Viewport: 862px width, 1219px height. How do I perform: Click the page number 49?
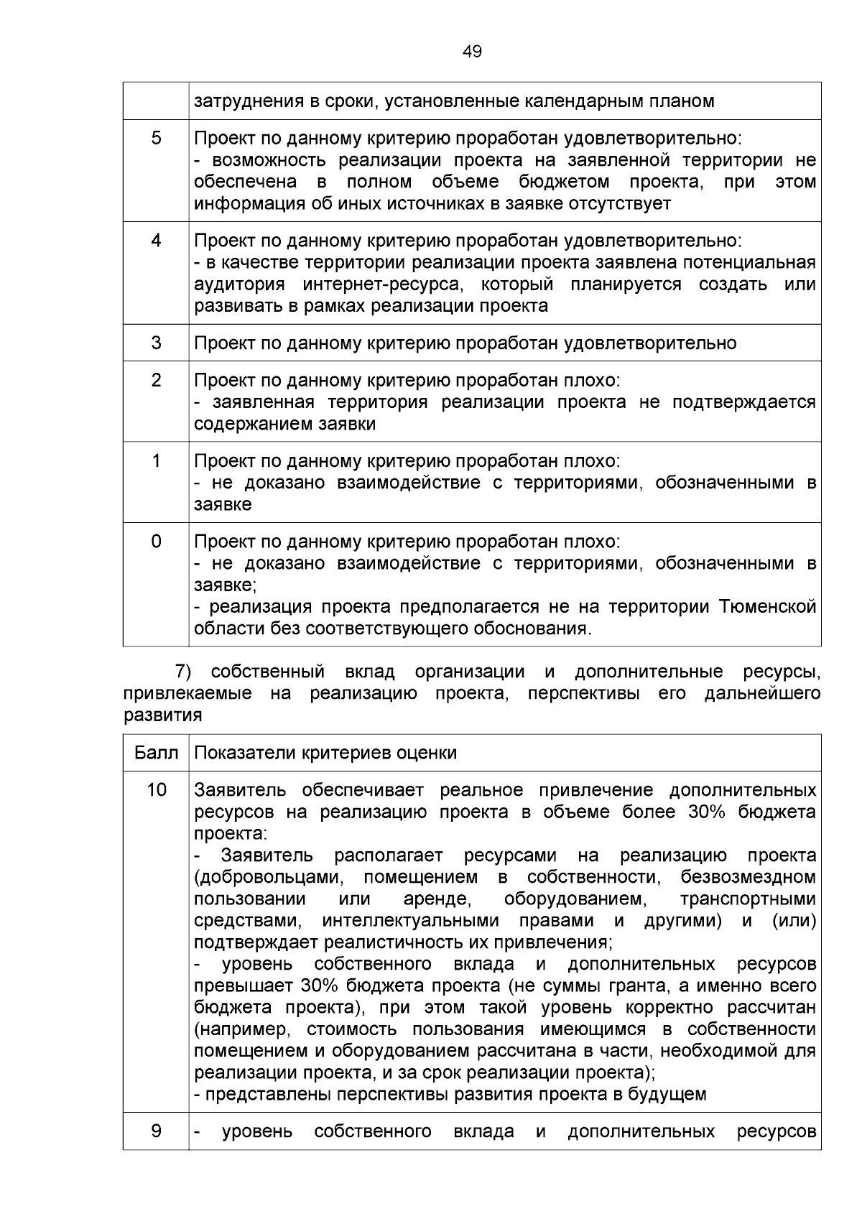pos(473,52)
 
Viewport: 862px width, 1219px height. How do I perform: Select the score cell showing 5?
pos(156,138)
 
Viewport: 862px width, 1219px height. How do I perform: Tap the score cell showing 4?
pos(156,240)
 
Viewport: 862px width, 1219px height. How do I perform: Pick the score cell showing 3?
pos(156,343)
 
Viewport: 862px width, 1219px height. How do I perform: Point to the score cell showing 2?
pos(156,379)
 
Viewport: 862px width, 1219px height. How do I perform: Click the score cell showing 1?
pos(156,460)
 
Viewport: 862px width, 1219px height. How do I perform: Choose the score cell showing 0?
pos(156,541)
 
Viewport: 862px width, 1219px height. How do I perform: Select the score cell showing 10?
pos(156,790)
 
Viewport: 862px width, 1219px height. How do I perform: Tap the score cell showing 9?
pos(156,1131)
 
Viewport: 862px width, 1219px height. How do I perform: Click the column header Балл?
pos(156,753)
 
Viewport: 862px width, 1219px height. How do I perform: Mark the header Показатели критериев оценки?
pos(325,753)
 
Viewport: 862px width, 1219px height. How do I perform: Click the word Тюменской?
pos(768,608)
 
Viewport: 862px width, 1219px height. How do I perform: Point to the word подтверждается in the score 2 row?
pos(743,402)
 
